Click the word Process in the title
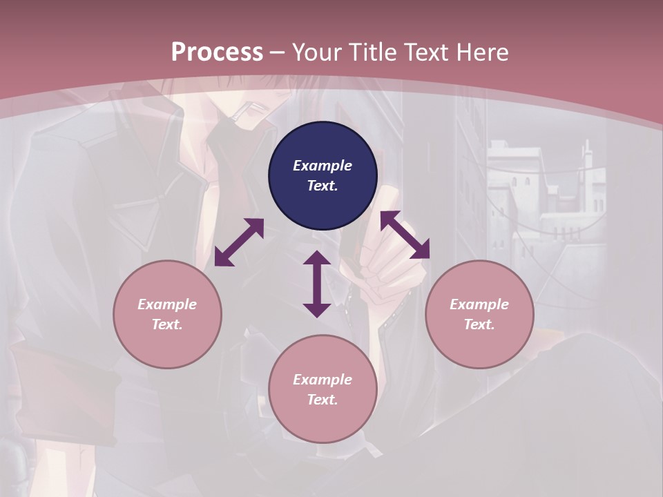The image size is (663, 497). point(217,52)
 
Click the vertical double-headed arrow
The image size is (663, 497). point(317,284)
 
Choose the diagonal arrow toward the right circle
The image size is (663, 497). point(405,235)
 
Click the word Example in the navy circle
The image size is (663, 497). point(323,166)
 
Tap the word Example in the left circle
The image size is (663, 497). point(167,304)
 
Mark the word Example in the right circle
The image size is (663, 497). point(479,304)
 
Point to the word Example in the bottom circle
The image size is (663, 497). point(323,380)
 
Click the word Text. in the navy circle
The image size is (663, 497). point(323,186)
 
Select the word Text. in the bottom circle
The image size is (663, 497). point(323,400)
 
